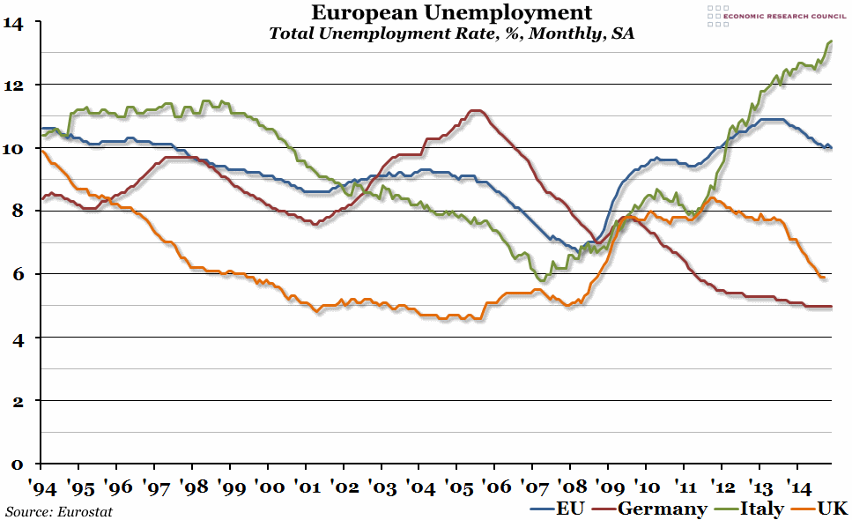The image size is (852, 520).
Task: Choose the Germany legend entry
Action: (651, 509)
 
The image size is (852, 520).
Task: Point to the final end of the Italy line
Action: (832, 41)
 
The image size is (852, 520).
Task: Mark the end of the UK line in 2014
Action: (824, 278)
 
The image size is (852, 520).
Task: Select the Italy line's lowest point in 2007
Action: (543, 280)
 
